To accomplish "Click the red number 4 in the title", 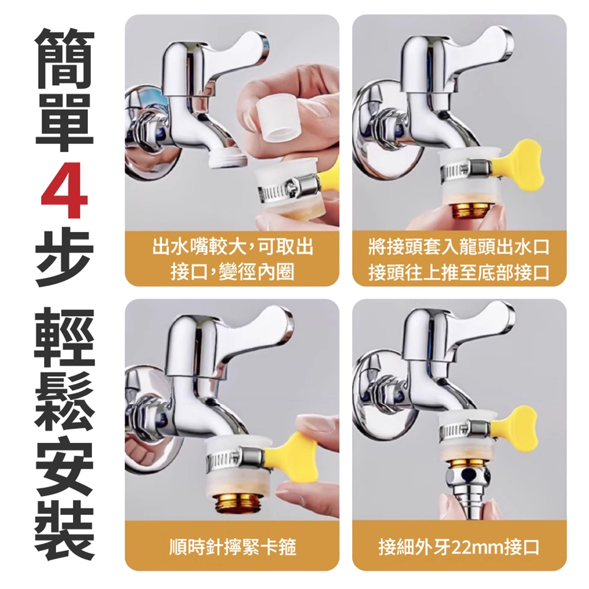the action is [64, 190].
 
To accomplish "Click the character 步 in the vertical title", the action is [64, 258].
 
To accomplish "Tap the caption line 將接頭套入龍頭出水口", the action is [459, 248].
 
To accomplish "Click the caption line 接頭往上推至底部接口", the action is [459, 272].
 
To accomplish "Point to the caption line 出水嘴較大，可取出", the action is [233, 247].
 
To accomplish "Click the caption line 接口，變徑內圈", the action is [233, 272].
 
